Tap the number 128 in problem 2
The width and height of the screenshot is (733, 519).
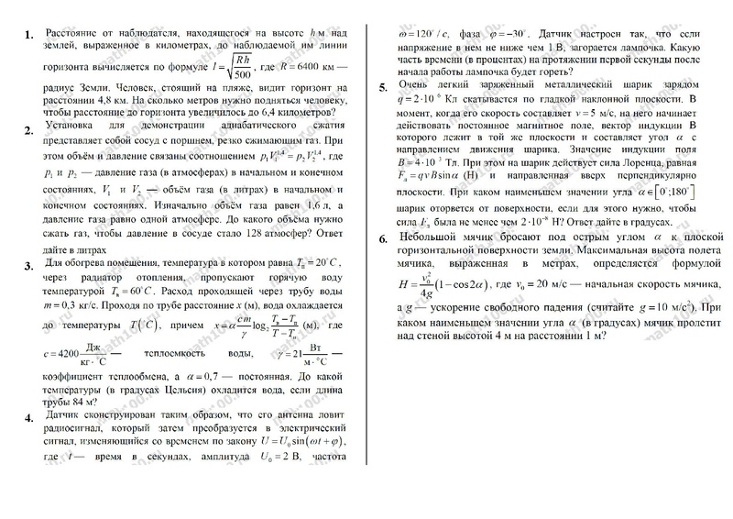pos(269,221)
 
